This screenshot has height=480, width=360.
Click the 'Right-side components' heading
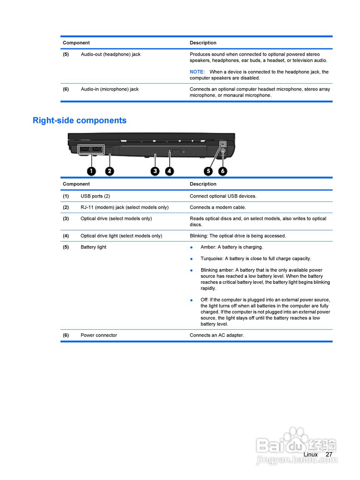(79, 120)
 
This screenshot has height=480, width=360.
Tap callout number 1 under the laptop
(91, 171)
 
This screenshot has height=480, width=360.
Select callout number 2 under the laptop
(109, 171)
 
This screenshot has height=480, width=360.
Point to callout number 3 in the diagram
(155, 171)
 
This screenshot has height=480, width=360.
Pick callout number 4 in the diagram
(170, 171)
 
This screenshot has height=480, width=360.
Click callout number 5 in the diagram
(208, 171)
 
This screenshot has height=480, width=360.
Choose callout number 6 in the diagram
(223, 171)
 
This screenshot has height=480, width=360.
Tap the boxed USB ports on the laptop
(91, 149)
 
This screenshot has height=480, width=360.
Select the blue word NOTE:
(197, 72)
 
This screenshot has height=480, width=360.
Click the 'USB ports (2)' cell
(95, 196)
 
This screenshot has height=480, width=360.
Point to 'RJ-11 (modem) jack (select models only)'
(124, 207)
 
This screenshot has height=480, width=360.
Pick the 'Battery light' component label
(93, 247)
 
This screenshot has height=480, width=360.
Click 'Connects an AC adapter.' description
(217, 335)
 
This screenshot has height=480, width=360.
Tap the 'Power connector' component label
(99, 335)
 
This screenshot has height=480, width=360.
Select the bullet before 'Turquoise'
(191, 259)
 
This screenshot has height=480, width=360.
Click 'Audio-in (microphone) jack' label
(110, 89)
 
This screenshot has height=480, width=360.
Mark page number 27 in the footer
(329, 454)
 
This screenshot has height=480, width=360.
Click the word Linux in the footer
(311, 454)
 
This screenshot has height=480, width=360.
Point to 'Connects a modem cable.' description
(218, 207)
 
